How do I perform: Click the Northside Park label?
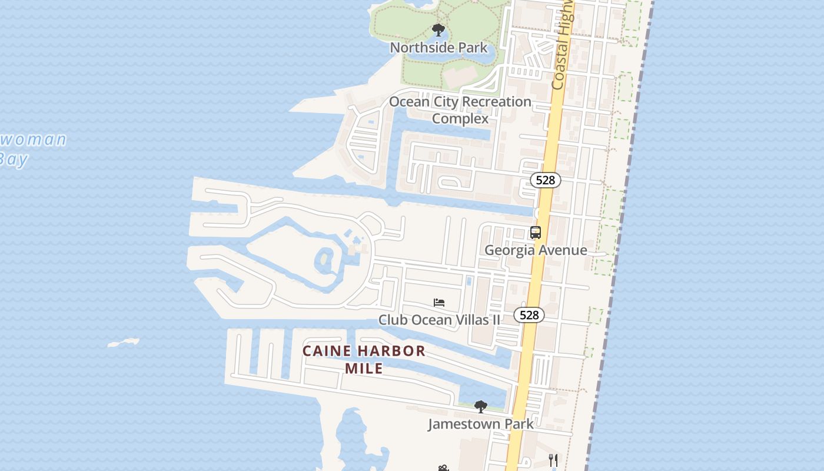tap(438, 48)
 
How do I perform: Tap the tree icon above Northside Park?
tap(438, 30)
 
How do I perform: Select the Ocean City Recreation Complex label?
tap(460, 110)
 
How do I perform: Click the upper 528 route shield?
tap(545, 180)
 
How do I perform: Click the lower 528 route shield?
tap(529, 315)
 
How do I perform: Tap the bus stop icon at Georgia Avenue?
tap(535, 233)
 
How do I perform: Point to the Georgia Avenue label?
tap(535, 250)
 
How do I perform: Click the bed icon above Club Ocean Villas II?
tap(439, 303)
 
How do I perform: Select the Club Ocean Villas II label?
tap(439, 320)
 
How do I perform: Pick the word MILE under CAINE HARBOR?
tap(364, 369)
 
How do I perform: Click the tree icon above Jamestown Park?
tap(481, 406)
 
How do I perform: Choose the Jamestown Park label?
tap(480, 424)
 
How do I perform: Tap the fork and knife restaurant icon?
tap(553, 460)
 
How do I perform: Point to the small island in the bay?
tap(124, 342)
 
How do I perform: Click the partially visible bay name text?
tap(29, 148)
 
